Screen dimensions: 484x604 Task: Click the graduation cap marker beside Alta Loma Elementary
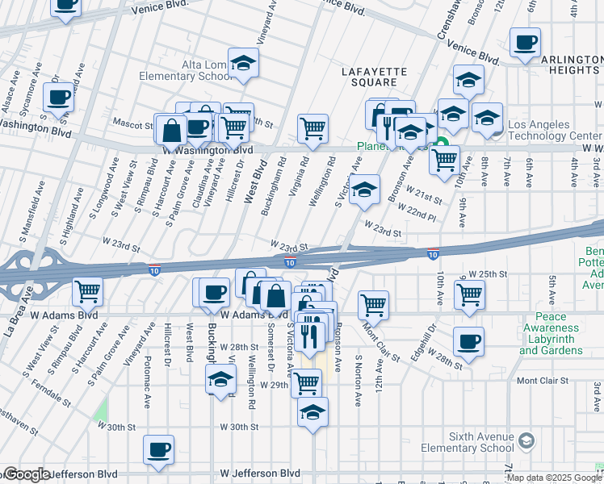[x=242, y=63]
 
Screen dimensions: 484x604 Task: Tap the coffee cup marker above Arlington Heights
[x=525, y=43]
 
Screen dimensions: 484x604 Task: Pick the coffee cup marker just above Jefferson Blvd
[x=159, y=450]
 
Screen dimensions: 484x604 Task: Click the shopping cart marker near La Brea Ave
[x=87, y=291]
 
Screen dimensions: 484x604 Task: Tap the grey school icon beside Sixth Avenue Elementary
[x=526, y=440]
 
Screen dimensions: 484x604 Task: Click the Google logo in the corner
[x=26, y=474]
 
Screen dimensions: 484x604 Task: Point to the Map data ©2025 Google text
[x=554, y=478]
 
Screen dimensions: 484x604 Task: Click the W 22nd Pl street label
[x=422, y=212]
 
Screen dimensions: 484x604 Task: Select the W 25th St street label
[x=488, y=274]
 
